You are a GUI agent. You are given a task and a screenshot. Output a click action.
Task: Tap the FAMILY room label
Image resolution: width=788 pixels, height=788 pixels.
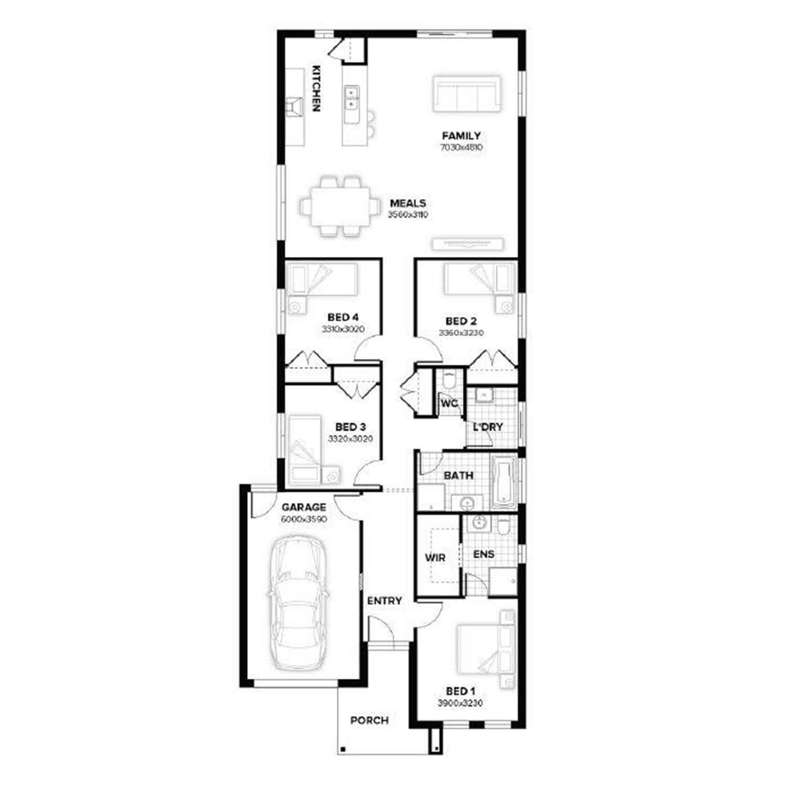[x=461, y=136]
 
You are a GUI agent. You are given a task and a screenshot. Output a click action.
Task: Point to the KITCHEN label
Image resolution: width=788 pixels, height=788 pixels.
[x=316, y=88]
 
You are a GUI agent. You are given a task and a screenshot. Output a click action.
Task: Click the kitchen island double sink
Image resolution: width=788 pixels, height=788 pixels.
[x=351, y=98]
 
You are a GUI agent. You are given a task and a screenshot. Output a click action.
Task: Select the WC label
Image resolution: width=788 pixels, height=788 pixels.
[x=449, y=403]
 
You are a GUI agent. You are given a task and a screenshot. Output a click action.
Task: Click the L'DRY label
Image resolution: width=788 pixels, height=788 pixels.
[x=488, y=427]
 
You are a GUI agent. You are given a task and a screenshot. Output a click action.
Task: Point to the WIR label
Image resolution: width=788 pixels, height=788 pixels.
[x=435, y=558]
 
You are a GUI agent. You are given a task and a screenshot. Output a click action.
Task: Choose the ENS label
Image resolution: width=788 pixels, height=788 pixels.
[x=484, y=554]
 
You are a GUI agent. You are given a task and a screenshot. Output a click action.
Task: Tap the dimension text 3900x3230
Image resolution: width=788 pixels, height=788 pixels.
[x=460, y=703]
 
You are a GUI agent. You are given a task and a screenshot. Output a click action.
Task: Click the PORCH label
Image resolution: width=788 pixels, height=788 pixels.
[x=370, y=720]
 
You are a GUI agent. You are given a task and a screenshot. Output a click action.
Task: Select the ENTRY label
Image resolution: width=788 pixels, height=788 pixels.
[x=385, y=600]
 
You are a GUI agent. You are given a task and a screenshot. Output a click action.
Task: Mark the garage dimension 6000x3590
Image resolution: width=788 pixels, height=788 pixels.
[x=304, y=519]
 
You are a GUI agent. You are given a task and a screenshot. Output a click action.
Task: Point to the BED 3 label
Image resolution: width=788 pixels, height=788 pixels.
[x=350, y=427]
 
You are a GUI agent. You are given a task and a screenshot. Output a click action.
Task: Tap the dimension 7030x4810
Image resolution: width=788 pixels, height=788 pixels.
[x=461, y=148]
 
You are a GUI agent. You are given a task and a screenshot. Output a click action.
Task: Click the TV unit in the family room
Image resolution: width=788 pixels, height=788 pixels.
[x=468, y=244]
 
